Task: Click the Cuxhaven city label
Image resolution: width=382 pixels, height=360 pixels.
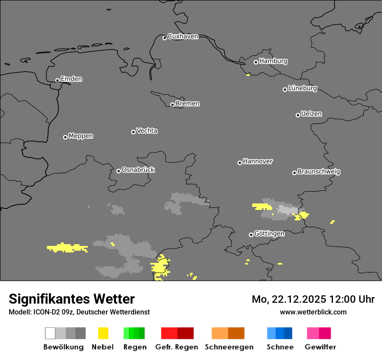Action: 183,36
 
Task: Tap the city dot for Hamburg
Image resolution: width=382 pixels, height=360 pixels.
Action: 256,62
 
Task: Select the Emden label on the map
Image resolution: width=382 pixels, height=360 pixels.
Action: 71,79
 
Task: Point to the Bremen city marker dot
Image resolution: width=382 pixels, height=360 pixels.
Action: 172,105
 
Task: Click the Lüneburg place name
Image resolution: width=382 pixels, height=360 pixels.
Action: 302,88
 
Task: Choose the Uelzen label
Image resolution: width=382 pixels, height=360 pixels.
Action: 311,114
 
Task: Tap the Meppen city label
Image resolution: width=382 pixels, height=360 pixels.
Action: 81,136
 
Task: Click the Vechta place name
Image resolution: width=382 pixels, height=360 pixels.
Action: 147,131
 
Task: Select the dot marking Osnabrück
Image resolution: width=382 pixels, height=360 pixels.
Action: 119,171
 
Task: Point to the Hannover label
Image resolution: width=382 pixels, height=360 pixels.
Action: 258,161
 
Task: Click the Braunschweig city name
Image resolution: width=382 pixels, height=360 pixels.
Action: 319,172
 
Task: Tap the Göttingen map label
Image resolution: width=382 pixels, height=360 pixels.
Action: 269,234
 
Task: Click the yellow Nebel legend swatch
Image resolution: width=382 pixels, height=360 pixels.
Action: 103,333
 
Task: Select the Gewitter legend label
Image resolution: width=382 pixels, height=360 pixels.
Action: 320,347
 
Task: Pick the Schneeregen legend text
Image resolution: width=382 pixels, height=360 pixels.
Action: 229,347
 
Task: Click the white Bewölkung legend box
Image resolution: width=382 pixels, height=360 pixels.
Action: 50,333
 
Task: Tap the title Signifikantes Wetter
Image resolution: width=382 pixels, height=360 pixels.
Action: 72,299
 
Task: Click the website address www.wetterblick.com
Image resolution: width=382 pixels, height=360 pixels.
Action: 313,312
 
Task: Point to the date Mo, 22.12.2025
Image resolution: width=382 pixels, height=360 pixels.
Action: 289,299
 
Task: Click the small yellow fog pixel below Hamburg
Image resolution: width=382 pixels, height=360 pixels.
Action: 248,75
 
